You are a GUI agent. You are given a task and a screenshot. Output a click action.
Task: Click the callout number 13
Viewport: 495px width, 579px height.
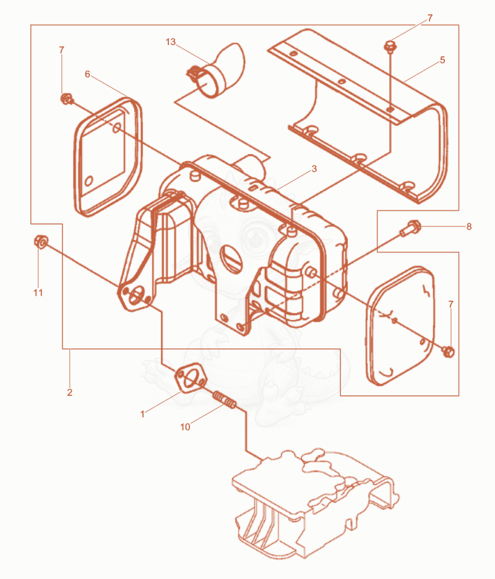coord(171,41)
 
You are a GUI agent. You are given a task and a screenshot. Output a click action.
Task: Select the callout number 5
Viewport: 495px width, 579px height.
coord(442,60)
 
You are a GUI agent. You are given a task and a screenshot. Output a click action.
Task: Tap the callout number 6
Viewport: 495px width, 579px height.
coord(87,74)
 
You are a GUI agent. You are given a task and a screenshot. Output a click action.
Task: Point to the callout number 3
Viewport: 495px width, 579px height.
coord(314,169)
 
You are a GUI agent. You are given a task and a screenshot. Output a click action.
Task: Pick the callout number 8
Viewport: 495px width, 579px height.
coord(469,226)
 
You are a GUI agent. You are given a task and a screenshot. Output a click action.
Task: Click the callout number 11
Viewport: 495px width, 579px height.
coord(38,293)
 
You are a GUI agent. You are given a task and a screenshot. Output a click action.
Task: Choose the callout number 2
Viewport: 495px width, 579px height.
coord(70,392)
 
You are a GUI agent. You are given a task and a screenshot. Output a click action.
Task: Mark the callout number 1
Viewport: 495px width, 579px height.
coord(142,414)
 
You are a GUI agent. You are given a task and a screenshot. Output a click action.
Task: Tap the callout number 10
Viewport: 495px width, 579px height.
coord(185,427)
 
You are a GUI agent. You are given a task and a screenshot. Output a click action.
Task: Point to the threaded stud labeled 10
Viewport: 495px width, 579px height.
coord(224,400)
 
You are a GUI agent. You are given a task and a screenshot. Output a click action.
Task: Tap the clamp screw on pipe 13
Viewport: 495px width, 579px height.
coord(193,72)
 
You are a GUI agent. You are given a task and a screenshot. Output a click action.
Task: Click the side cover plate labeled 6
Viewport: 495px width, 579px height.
coord(108,157)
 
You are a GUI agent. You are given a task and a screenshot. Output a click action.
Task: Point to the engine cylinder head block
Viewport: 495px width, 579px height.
coord(314,506)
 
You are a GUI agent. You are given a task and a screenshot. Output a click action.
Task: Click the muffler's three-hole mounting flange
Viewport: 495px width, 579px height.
coord(136,296)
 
